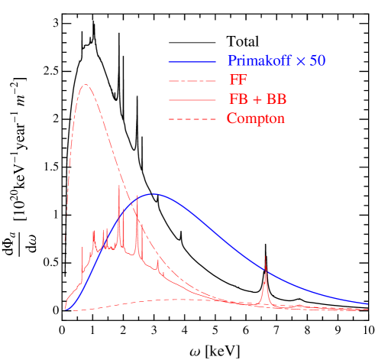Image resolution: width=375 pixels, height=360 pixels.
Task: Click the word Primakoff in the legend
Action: click(258, 60)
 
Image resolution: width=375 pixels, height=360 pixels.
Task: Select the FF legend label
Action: click(237, 80)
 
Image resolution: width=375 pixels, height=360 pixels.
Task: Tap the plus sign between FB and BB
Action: click(257, 100)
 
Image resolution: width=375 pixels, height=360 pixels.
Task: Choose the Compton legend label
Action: click(255, 119)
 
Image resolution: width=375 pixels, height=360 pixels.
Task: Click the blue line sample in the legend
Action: click(192, 61)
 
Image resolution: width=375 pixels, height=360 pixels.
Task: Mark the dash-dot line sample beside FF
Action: click(192, 80)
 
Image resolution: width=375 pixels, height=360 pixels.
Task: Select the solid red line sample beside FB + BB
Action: click(192, 100)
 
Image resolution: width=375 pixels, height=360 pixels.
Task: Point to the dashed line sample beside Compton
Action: click(192, 119)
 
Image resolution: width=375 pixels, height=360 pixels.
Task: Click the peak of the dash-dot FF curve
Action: click(86, 85)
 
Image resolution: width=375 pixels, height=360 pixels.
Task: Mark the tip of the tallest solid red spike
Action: click(119, 186)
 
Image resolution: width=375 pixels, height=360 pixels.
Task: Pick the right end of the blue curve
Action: click(367, 303)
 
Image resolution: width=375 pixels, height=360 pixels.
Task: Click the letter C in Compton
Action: click(231, 119)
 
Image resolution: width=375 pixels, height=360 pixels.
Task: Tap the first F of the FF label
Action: click(232, 80)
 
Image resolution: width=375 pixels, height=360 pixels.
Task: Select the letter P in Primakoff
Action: click(231, 60)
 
